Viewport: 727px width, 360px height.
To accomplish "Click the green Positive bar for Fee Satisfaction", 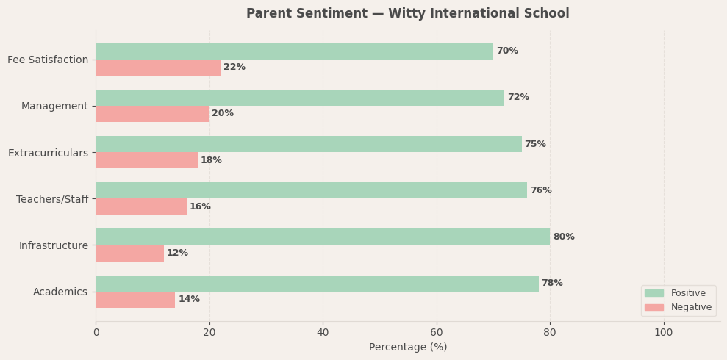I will (294, 51).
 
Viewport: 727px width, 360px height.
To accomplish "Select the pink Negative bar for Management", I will (152, 114).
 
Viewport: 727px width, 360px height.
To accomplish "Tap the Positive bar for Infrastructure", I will (322, 237).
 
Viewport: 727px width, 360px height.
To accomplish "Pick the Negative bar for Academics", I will (135, 300).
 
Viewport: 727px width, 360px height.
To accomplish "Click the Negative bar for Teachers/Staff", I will (141, 206).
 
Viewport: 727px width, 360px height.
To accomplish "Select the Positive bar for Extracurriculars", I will (308, 144).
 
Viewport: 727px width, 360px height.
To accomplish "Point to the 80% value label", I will (564, 237).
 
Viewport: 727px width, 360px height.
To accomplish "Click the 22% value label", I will (234, 68).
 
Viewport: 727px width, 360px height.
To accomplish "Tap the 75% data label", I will (535, 144).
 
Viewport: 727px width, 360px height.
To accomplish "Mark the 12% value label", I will (177, 253).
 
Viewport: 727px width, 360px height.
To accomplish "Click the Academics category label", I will (60, 292).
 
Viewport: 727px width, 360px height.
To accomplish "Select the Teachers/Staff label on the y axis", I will (52, 199).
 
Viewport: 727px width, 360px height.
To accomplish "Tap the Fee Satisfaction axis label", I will (48, 60).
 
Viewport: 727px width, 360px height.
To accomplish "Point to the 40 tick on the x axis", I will (323, 332).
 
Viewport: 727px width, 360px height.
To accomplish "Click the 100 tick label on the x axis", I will (664, 332).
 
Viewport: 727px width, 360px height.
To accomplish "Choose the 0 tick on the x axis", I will (96, 332).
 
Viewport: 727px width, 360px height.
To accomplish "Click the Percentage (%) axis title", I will (408, 348).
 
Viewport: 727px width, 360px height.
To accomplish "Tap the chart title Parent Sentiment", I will (407, 14).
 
